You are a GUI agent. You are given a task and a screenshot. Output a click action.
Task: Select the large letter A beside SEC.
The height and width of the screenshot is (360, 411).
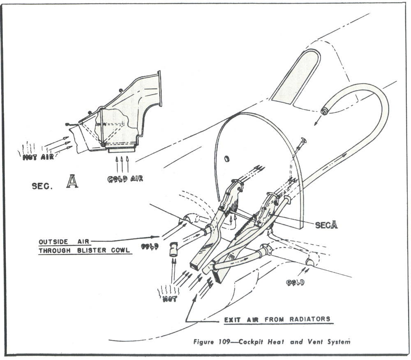(x=72, y=181)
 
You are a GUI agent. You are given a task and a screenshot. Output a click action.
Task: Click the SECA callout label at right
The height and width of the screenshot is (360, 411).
(x=326, y=225)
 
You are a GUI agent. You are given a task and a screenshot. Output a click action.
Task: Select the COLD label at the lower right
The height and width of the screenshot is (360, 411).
(x=296, y=283)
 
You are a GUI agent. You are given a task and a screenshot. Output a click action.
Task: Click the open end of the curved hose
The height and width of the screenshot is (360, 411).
(x=324, y=111)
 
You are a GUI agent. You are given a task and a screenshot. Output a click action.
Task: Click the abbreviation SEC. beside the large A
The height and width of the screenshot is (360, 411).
(x=43, y=186)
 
